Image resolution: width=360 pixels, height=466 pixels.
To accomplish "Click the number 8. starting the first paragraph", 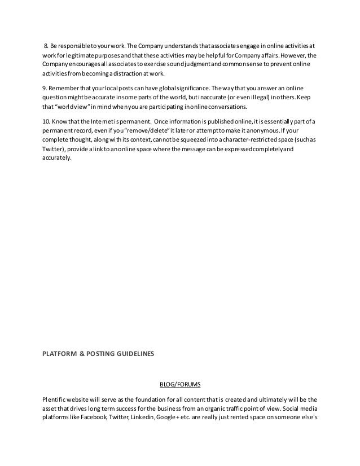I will coord(46,46).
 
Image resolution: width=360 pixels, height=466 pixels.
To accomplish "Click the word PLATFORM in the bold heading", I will coord(59,354).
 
